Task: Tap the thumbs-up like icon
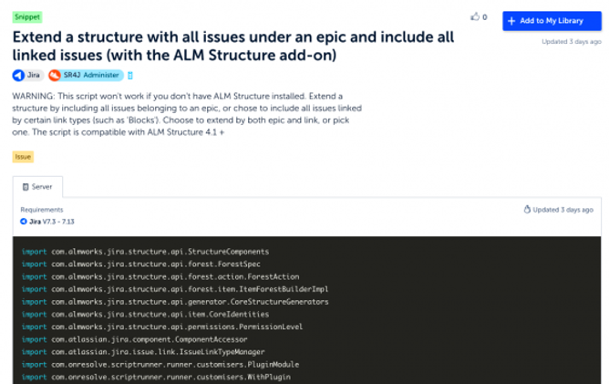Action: pyautogui.click(x=473, y=17)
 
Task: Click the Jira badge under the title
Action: pyautogui.click(x=26, y=75)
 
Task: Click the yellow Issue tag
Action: pyautogui.click(x=23, y=157)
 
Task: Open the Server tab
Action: pyautogui.click(x=38, y=187)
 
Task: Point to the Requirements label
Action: pyautogui.click(x=41, y=209)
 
